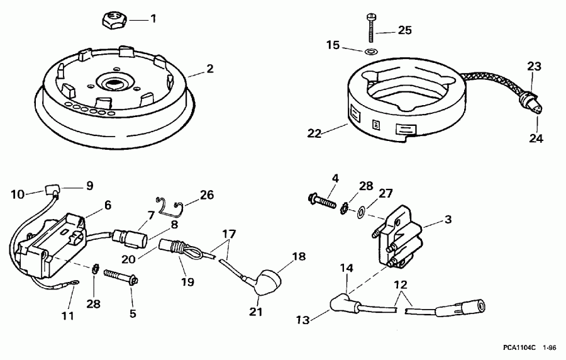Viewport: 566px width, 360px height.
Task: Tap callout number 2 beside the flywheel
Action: (210, 69)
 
